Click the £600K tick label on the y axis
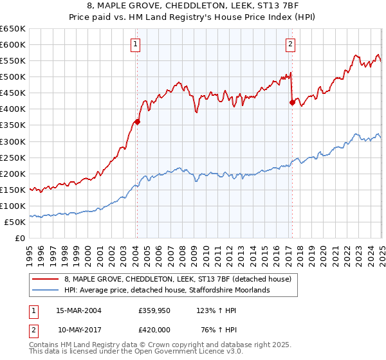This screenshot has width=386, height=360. click(x=13, y=44)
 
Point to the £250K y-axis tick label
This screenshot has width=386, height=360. click(x=13, y=157)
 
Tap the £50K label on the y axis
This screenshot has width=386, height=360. click(x=15, y=222)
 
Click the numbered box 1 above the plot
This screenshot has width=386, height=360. click(x=136, y=44)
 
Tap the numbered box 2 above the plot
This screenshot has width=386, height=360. click(x=291, y=44)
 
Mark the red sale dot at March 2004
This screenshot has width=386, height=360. click(x=137, y=122)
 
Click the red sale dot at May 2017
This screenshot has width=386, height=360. click(x=292, y=102)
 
